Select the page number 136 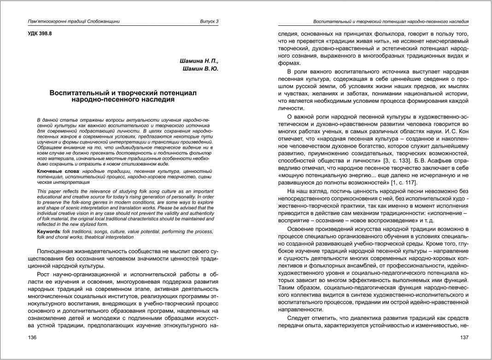32,338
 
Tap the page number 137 464,338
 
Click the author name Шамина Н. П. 199,61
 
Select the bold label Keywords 48,231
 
